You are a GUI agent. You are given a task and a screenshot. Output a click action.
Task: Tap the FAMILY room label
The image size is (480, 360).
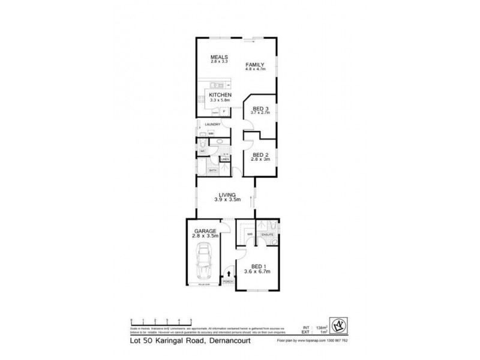tap(255, 64)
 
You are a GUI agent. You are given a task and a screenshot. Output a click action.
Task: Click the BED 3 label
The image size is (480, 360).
tap(260, 109)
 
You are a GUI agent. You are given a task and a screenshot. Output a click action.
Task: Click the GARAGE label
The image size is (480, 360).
tap(205, 231)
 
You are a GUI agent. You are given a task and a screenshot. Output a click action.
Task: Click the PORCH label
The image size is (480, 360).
tap(227, 281)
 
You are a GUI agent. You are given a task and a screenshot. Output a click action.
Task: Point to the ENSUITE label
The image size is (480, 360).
tap(268, 235)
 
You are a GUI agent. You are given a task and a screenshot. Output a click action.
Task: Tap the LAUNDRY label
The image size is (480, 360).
tap(213, 124)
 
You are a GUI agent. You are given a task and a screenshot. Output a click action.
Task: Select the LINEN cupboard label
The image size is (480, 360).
tap(225, 158)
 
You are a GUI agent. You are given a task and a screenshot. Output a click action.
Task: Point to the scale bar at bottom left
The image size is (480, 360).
tap(160, 322)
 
